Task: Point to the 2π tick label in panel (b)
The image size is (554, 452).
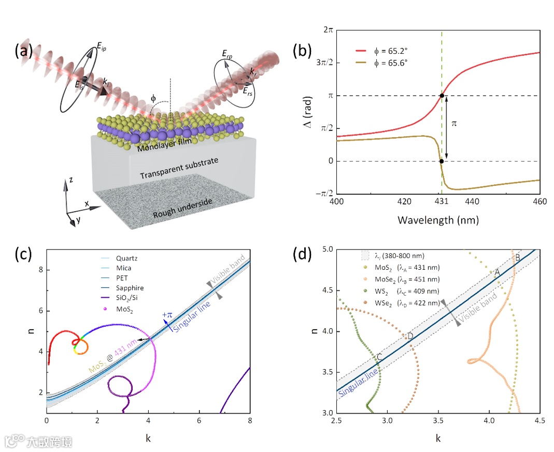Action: click(326, 31)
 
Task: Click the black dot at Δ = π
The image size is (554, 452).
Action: click(442, 95)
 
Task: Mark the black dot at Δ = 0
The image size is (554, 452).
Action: click(442, 161)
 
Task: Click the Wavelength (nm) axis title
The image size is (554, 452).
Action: click(438, 220)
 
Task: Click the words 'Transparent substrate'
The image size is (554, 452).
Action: click(179, 168)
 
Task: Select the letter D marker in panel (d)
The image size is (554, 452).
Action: click(410, 337)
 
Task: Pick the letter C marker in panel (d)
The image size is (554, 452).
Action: click(379, 357)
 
